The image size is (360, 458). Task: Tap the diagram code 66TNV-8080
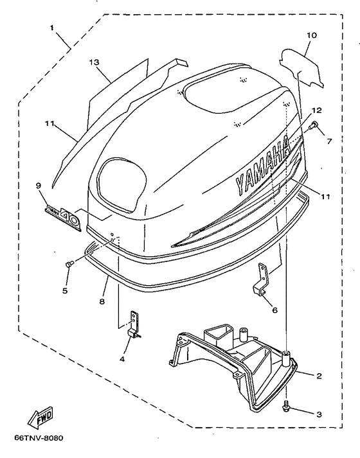[x=39, y=438]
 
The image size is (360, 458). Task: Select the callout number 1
[x=51, y=28]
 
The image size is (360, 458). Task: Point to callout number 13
[x=94, y=62]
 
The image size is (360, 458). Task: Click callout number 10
[x=312, y=35]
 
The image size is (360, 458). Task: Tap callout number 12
[x=316, y=110]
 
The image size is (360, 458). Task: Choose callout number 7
[x=329, y=141]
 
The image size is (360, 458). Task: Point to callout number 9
[x=39, y=186]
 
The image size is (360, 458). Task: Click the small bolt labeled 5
[x=69, y=264]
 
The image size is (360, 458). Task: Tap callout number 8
[x=102, y=301]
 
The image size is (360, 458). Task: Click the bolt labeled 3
[x=287, y=407]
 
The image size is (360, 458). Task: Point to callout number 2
[x=319, y=376]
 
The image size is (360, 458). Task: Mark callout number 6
[x=274, y=310]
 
